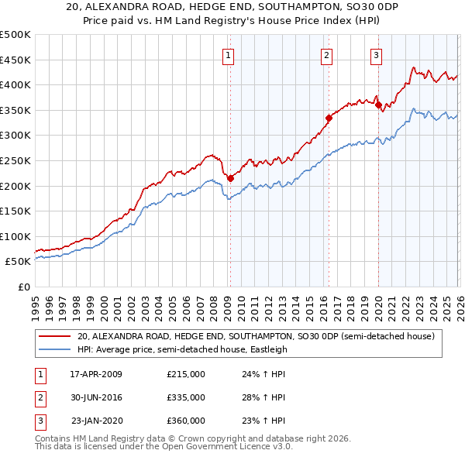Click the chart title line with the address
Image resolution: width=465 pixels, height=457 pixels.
(232, 7)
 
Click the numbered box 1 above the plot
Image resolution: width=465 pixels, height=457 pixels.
(230, 55)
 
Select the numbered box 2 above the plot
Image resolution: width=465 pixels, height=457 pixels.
(327, 55)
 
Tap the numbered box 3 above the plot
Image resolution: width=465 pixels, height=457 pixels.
(376, 55)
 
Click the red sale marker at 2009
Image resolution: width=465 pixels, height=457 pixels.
(230, 178)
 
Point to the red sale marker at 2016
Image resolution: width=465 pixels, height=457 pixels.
(329, 118)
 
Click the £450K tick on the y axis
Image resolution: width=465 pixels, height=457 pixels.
(15, 60)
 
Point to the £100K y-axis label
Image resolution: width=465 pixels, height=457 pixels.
(15, 236)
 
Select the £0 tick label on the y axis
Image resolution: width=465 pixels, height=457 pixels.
(22, 287)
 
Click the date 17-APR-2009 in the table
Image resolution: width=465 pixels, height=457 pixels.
(96, 374)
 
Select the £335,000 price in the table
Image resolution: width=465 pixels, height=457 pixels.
(186, 397)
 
